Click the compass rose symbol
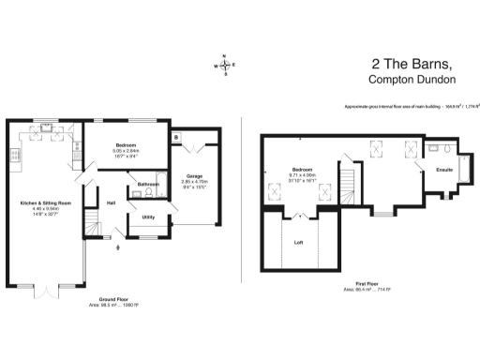[226, 65]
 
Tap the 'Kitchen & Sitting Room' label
[46, 202]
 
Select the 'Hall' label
[111, 202]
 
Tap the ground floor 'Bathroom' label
[148, 185]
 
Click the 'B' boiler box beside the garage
[176, 139]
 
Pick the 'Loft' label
[298, 242]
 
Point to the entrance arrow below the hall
[116, 247]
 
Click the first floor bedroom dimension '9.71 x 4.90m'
[303, 175]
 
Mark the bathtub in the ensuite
[439, 148]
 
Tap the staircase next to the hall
[92, 223]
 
